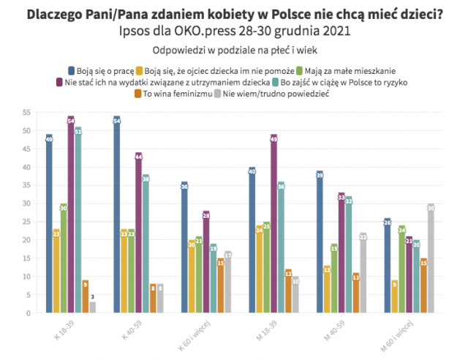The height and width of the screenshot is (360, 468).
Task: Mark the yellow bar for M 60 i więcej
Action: pos(394,296)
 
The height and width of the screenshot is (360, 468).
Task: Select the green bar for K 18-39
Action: pos(64,258)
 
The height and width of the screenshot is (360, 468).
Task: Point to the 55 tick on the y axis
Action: pos(26,112)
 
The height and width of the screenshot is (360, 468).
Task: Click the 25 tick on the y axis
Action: pos(26,222)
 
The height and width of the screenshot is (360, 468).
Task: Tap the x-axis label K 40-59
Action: pos(126,326)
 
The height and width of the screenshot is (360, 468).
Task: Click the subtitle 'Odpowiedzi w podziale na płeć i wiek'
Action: pos(233,50)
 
